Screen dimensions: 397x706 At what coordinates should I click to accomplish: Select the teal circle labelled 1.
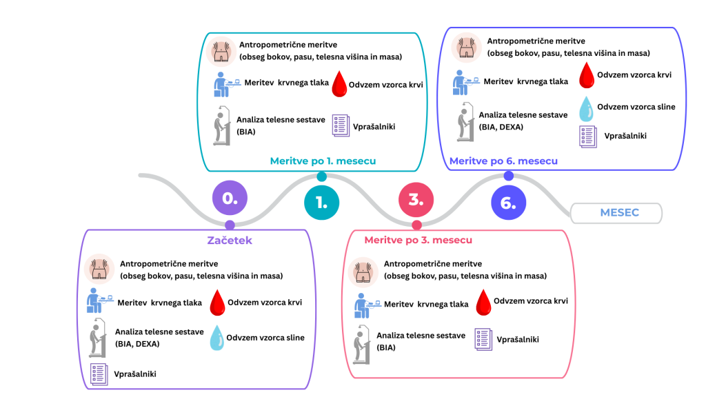pos(322,202)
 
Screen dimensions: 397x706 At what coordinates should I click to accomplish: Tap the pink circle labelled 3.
pos(416,199)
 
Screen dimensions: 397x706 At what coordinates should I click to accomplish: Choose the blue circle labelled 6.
pos(509,203)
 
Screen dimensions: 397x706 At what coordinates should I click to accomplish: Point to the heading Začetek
pos(230,240)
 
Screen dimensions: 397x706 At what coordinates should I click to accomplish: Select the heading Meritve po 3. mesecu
pos(418,240)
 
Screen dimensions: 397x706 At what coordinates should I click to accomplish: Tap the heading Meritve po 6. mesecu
pos(503,161)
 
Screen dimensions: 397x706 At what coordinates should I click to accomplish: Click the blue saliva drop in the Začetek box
pos(218,339)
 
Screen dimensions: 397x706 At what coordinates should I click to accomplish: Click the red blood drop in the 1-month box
pos(339,85)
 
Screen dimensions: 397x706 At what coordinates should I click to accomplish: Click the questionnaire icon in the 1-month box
pos(340,126)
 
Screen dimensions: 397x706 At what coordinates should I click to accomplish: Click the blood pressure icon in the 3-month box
pos(365,304)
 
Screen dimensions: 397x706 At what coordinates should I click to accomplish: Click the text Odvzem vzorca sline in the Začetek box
pos(265,338)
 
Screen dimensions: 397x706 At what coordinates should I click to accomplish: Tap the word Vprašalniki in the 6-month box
pos(625,136)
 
